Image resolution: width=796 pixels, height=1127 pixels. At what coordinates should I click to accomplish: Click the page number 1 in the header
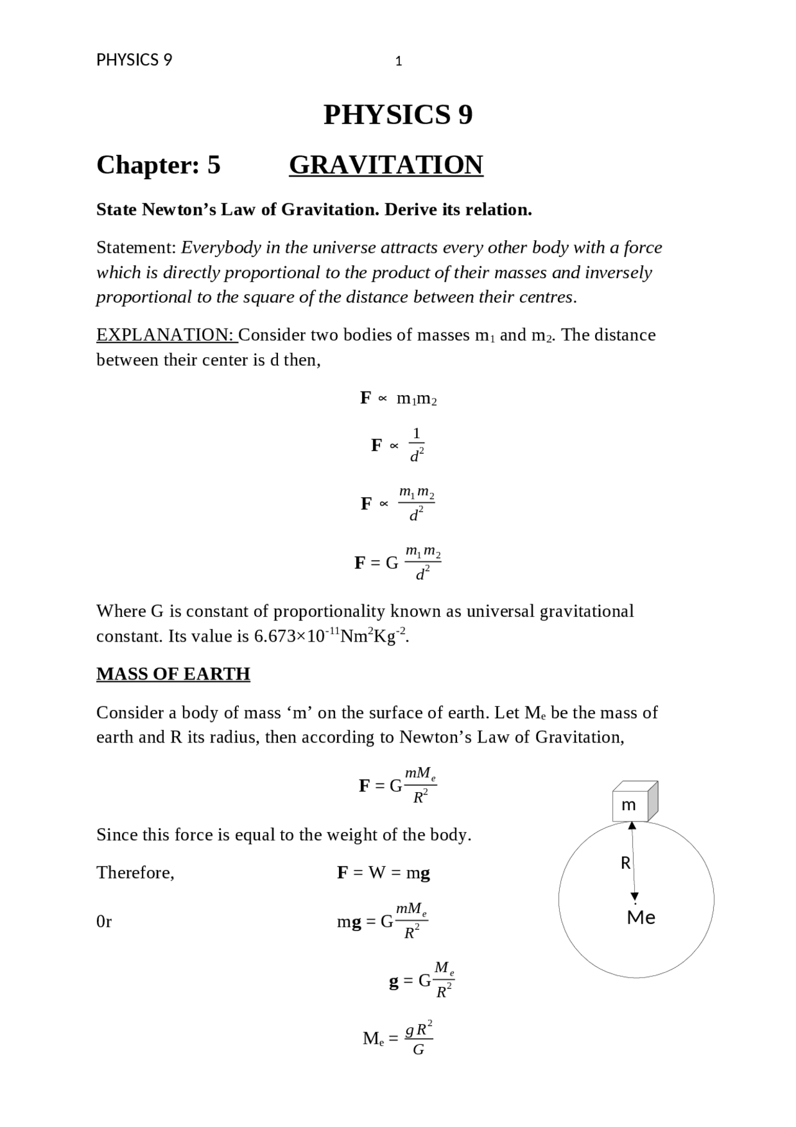pos(399,62)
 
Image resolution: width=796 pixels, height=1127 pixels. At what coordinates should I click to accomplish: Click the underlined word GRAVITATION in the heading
pos(386,165)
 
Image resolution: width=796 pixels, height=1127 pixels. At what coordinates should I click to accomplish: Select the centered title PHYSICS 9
pos(398,115)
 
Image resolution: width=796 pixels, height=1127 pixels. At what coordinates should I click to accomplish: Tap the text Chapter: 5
pos(158,165)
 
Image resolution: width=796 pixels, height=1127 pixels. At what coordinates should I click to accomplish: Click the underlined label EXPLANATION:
pos(166,335)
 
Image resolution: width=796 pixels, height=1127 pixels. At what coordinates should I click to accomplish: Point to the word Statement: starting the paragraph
pos(137,248)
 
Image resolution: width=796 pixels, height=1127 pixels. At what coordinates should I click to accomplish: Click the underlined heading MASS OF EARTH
pos(173,674)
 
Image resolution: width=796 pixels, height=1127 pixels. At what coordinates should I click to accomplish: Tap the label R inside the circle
pos(626,863)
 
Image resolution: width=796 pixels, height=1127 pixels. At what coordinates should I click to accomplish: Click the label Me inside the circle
pos(641,917)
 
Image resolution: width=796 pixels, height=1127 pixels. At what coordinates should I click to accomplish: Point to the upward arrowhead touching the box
pos(632,826)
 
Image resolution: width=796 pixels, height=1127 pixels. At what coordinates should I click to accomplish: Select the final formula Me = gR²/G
pos(398,1038)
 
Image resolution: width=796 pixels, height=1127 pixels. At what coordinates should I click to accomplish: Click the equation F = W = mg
pos(383,872)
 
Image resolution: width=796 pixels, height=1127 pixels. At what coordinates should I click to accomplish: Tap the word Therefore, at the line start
pos(135,872)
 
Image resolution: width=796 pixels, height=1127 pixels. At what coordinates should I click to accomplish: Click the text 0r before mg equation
pos(104,922)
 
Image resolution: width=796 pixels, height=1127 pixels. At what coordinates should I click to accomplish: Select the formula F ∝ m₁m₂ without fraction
pos(398,398)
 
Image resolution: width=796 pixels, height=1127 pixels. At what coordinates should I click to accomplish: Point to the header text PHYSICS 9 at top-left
pos(134,60)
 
